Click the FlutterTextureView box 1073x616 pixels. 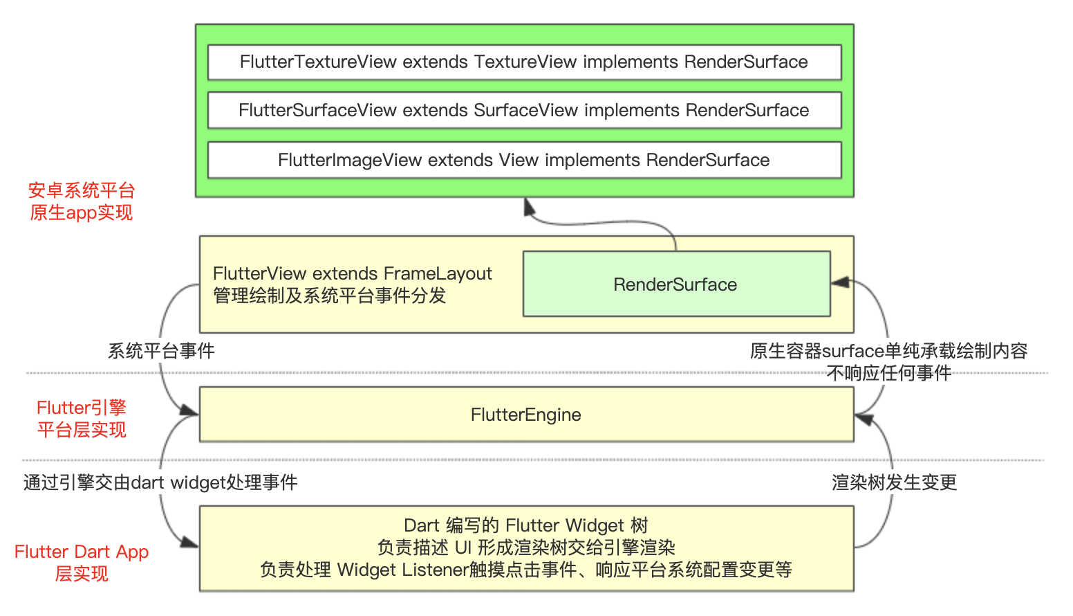click(525, 62)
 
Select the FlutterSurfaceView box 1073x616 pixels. click(525, 110)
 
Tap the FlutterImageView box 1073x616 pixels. click(525, 160)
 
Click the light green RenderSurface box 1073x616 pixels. click(676, 284)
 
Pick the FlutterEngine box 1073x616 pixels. click(526, 415)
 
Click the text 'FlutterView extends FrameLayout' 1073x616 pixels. click(353, 273)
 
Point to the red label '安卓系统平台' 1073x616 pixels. click(82, 191)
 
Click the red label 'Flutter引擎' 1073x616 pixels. click(82, 408)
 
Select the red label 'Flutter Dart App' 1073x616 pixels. click(82, 552)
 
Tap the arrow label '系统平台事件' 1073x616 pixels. click(161, 351)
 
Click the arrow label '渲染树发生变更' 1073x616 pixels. click(895, 482)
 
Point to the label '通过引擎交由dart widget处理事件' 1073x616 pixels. click(160, 482)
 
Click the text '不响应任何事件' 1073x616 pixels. click(889, 373)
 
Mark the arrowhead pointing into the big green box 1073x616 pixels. click(529, 207)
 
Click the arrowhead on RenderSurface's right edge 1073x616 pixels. click(841, 282)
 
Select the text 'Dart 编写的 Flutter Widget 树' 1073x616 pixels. click(526, 525)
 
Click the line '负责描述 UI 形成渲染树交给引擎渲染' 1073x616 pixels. click(526, 547)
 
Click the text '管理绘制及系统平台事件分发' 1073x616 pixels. click(330, 296)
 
